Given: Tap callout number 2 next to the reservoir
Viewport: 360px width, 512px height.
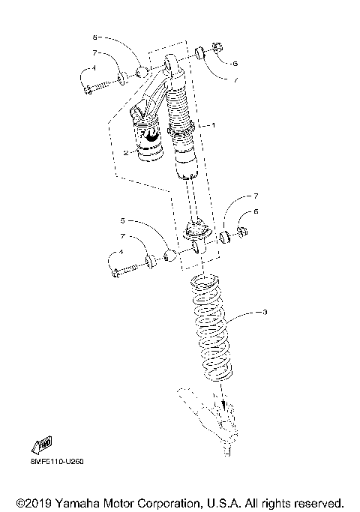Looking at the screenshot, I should pyautogui.click(x=126, y=151).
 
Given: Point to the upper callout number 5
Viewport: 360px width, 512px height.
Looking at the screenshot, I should pyautogui.click(x=95, y=36).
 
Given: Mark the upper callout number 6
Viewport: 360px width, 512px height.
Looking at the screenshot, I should pyautogui.click(x=235, y=65).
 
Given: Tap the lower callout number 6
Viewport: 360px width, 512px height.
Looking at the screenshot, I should pyautogui.click(x=256, y=213).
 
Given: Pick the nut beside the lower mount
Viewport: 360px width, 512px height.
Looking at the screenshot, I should pyautogui.click(x=244, y=232).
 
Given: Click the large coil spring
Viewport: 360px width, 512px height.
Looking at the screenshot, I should pyautogui.click(x=211, y=330).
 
